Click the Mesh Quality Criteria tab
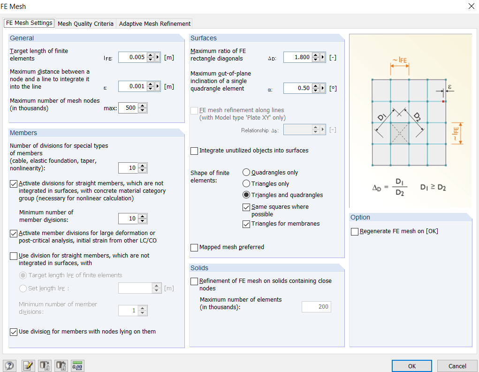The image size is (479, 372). coord(85,23)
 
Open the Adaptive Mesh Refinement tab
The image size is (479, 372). coord(154,23)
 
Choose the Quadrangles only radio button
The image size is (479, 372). coord(246,173)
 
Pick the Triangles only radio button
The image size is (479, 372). coord(246,184)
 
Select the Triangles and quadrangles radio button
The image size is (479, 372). coord(246,195)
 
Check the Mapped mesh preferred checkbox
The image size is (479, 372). coord(194,247)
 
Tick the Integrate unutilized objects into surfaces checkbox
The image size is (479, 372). coord(194,151)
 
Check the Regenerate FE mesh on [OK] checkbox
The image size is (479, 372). coord(355,231)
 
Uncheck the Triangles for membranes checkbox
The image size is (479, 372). coord(246,224)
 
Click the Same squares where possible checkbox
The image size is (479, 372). coord(246,207)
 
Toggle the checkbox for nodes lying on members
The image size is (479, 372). coord(14,332)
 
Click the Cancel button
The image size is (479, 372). coord(457,366)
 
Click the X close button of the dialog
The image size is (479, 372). coord(471,6)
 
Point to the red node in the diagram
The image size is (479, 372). coord(443,101)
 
